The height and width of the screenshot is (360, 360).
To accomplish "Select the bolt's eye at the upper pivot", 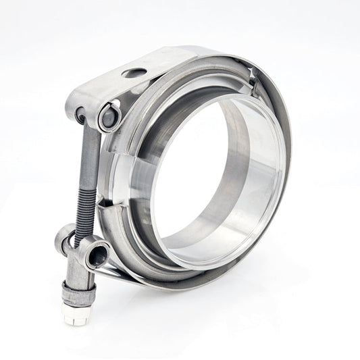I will coord(82,115).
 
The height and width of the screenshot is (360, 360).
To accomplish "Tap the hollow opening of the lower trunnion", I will coord(98,257).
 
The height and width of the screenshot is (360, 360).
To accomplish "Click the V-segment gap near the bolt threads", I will coord(101,203).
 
